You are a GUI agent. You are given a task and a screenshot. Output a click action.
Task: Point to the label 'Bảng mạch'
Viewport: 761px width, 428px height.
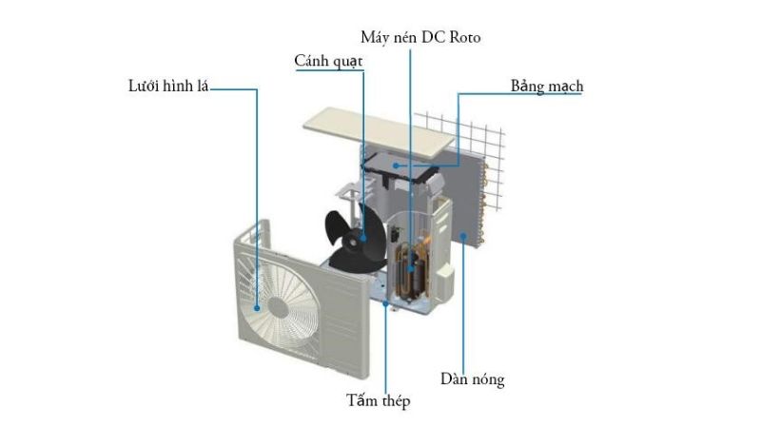pyautogui.click(x=547, y=87)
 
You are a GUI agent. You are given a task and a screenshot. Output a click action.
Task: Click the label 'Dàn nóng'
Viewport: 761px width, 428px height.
pyautogui.click(x=472, y=379)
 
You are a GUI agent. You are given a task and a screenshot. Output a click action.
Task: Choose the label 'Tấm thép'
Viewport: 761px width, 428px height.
pyautogui.click(x=378, y=401)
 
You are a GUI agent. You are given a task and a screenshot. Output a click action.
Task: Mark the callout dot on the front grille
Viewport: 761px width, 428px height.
pyautogui.click(x=257, y=307)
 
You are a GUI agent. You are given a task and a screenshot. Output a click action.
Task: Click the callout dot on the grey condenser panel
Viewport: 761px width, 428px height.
pyautogui.click(x=462, y=235)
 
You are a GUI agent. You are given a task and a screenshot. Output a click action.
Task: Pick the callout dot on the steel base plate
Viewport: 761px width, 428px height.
pyautogui.click(x=384, y=304)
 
